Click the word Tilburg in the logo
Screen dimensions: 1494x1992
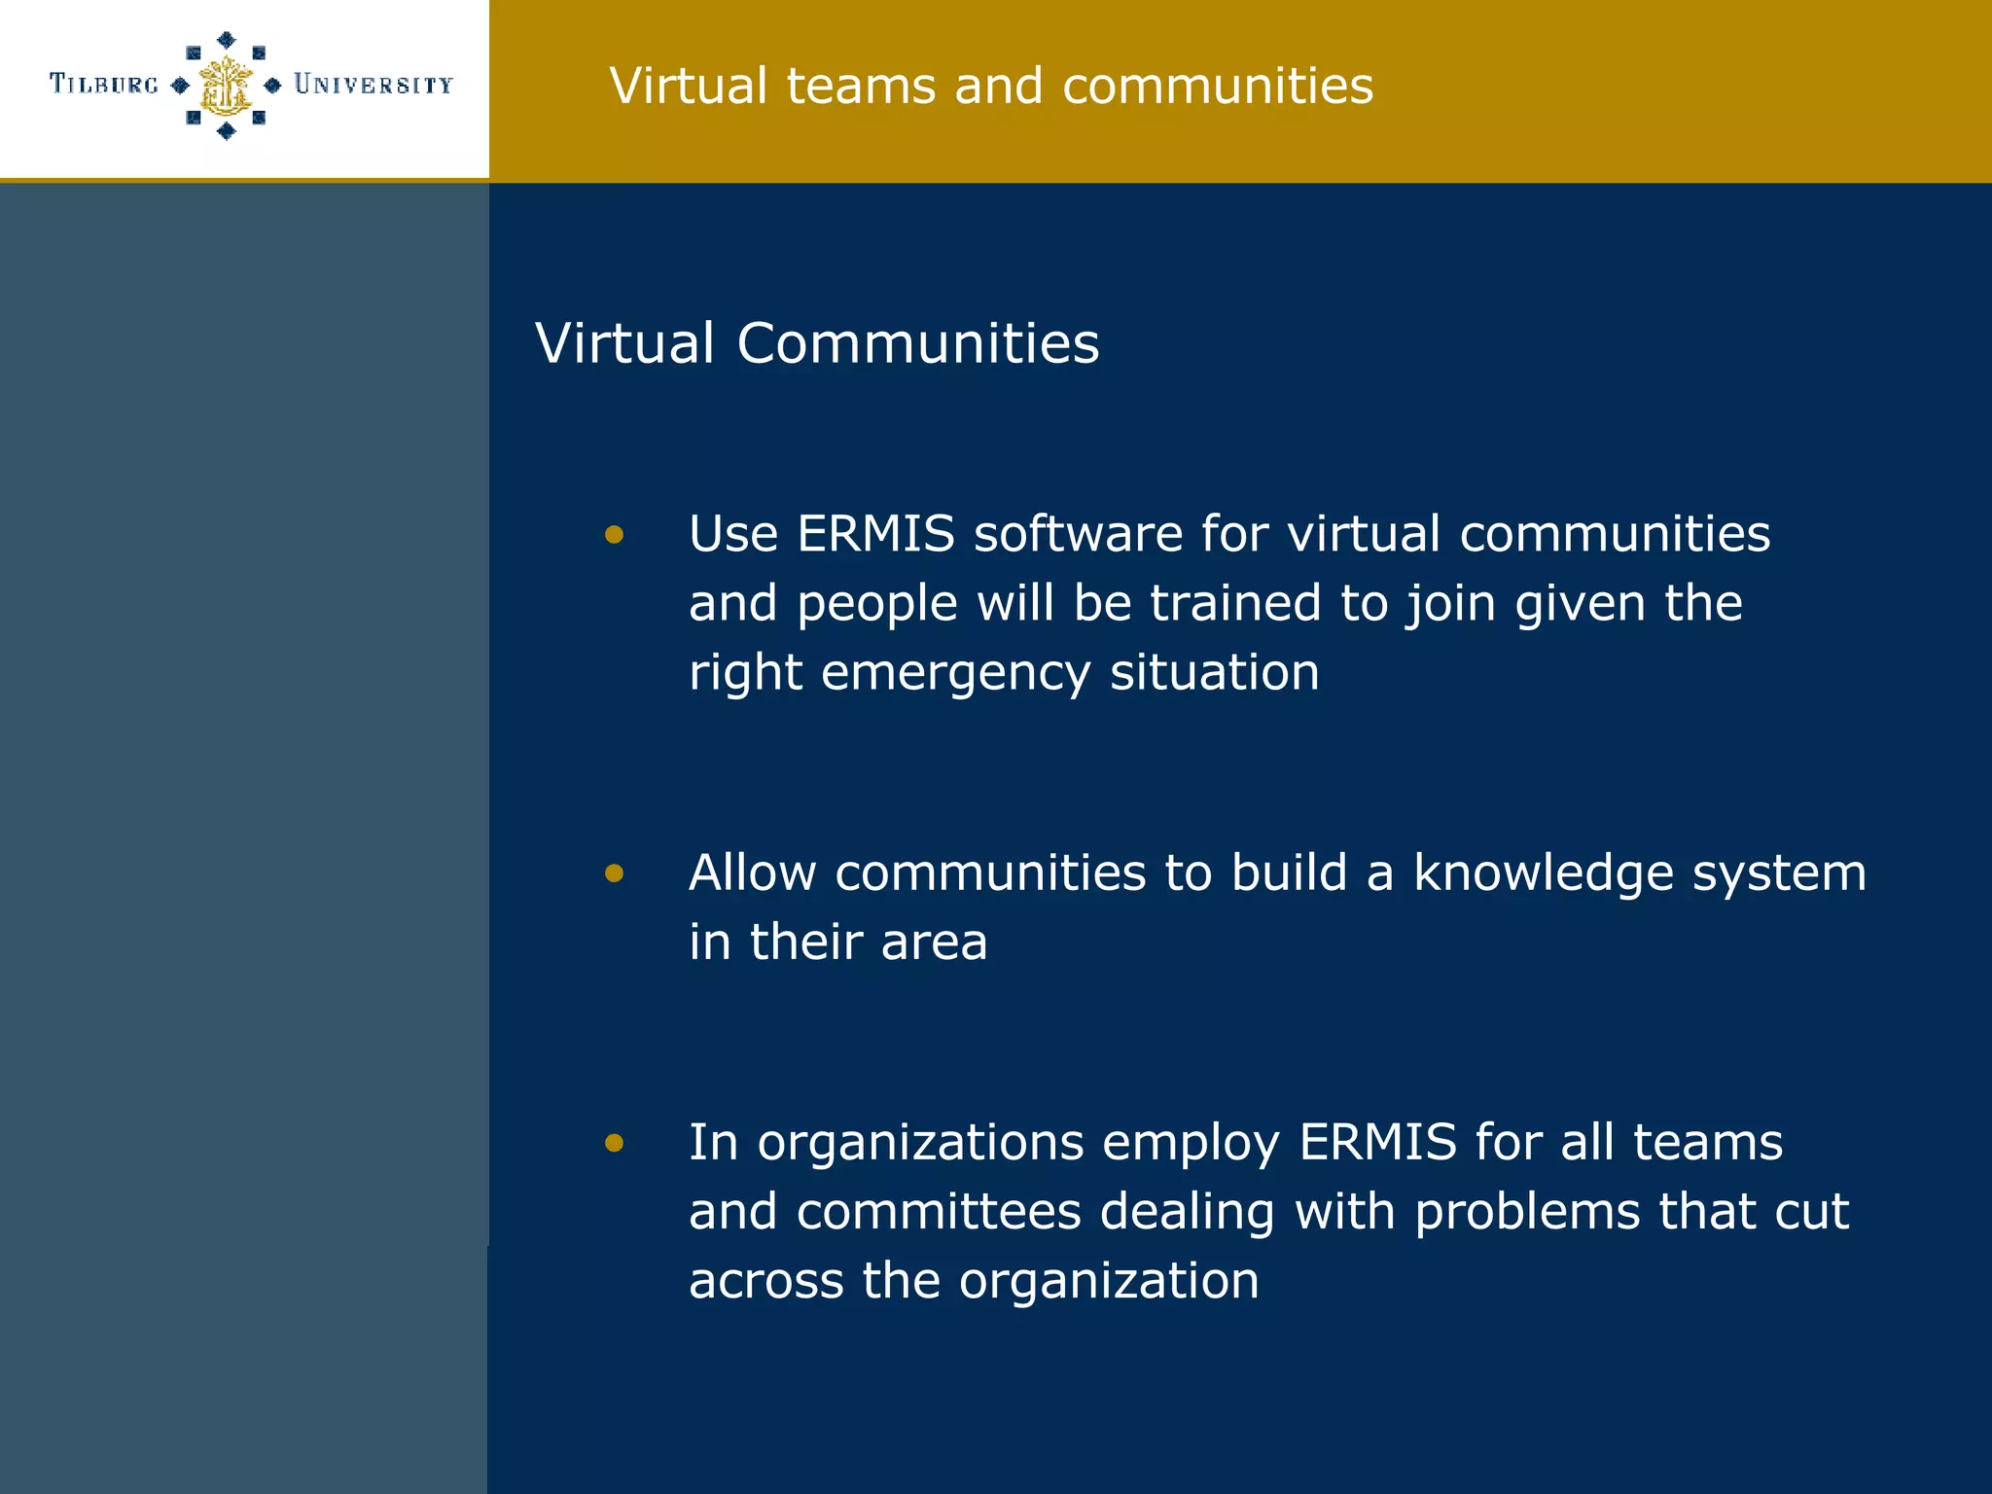(104, 85)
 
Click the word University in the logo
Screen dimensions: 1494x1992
(373, 85)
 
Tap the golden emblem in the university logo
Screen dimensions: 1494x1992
(226, 86)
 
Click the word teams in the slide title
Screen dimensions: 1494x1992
(861, 86)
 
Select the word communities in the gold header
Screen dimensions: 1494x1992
(1218, 86)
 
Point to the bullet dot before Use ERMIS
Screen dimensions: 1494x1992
(614, 534)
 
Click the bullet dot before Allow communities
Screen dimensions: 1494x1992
(614, 872)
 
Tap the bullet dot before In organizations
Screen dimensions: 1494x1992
(614, 1142)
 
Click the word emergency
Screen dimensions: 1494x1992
(956, 673)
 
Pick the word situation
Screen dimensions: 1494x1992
(1215, 672)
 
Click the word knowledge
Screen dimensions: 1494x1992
(1544, 873)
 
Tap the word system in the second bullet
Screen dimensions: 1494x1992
(1779, 874)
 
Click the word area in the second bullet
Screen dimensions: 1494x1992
(934, 943)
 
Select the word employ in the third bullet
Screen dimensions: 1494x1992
(1191, 1144)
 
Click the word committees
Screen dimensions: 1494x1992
(939, 1212)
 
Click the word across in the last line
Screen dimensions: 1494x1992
(765, 1281)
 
